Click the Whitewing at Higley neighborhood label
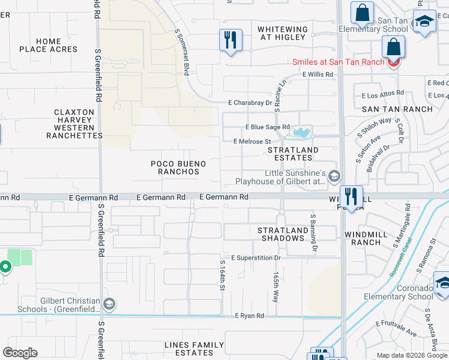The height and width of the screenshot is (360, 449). point(282,33)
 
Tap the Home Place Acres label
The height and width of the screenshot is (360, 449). point(48,45)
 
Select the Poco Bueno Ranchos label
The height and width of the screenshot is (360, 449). point(178,167)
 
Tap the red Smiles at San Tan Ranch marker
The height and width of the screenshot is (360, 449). point(394,62)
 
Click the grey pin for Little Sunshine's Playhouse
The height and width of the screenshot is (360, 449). point(335,176)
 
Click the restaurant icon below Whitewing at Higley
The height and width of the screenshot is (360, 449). point(231,40)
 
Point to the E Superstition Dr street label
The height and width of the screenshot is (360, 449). point(256,258)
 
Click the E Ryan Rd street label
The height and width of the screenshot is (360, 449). point(249,316)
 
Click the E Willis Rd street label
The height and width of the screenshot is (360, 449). point(318,74)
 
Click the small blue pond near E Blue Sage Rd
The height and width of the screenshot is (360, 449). point(300,131)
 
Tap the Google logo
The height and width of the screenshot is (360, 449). point(20,353)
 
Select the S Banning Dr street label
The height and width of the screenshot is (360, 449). point(313,231)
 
